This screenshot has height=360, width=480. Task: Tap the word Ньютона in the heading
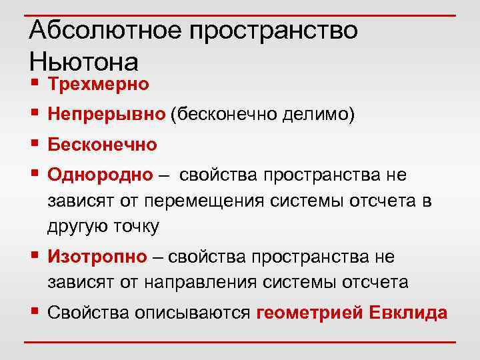[84, 62]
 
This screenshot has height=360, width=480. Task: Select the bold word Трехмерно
[99, 85]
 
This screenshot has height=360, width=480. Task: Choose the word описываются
[190, 313]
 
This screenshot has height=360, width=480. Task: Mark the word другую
[74, 227]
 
